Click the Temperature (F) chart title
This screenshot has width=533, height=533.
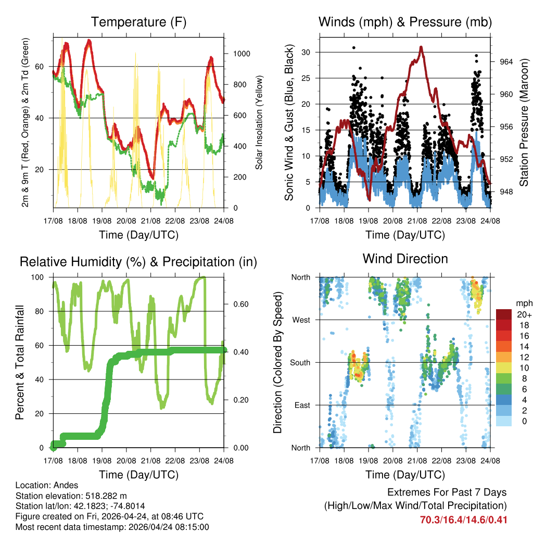coord(138,22)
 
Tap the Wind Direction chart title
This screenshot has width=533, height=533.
coord(405,259)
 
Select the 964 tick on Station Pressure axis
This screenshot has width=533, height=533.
coord(506,61)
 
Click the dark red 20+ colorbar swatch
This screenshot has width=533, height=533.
coord(504,315)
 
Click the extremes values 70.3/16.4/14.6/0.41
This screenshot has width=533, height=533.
coord(463,519)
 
